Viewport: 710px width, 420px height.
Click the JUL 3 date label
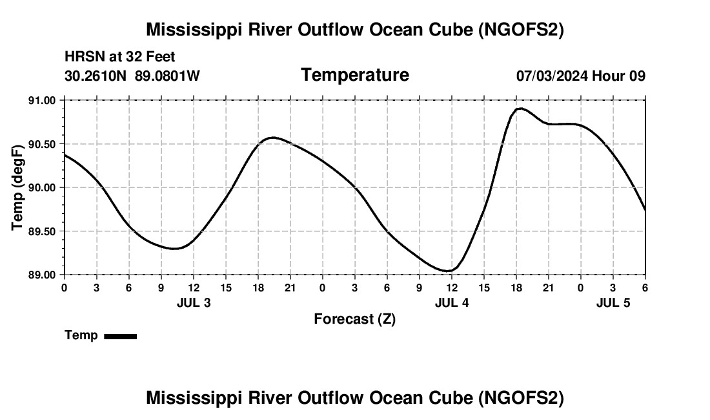point(194,302)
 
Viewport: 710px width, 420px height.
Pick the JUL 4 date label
point(452,302)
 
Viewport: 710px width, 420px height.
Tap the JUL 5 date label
point(613,302)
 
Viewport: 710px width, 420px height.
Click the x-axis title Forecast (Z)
point(354,319)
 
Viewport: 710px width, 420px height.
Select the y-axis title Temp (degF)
point(17,187)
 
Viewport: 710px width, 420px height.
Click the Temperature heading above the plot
point(355,75)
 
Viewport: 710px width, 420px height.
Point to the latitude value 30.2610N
point(97,76)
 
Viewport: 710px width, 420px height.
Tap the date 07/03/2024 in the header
point(552,76)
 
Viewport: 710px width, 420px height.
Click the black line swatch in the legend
point(120,336)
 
